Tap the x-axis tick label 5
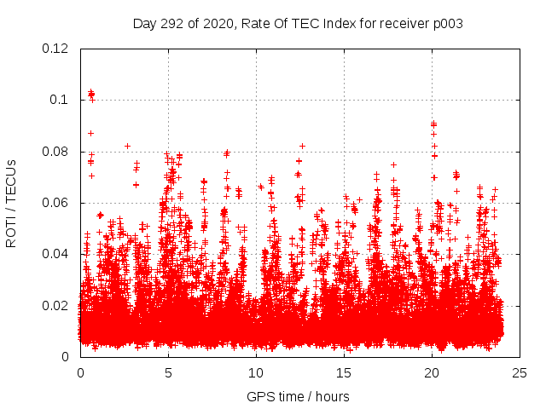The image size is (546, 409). (x=168, y=372)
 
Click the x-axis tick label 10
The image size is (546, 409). (x=256, y=372)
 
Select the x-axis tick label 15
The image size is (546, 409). (x=344, y=372)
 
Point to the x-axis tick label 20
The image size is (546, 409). (x=432, y=372)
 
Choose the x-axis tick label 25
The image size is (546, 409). (x=520, y=372)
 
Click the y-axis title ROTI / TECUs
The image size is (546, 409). (x=11, y=203)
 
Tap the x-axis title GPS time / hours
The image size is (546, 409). (x=298, y=396)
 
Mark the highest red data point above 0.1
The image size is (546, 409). (x=91, y=91)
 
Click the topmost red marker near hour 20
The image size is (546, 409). (x=433, y=124)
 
